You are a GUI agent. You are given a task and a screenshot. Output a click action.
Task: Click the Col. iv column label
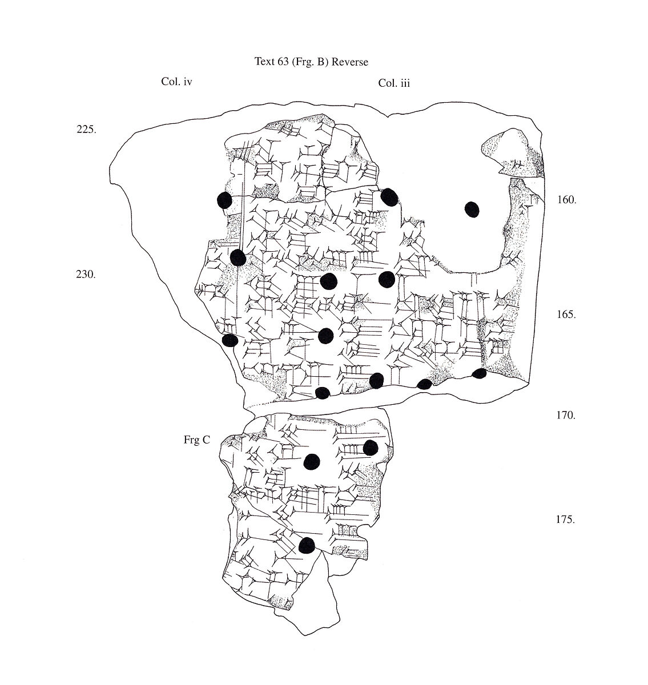tap(176, 82)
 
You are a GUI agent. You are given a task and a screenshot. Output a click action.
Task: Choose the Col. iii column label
tap(394, 83)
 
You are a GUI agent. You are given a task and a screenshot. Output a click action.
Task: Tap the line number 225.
tap(86, 129)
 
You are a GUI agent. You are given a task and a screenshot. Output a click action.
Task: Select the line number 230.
tap(86, 275)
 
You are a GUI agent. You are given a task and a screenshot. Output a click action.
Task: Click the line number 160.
tap(566, 200)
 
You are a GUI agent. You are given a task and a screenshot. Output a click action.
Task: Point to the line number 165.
tap(566, 315)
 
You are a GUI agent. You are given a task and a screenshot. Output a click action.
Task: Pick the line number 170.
tap(566, 415)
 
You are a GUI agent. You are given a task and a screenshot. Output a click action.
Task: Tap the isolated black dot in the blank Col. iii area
tap(472, 209)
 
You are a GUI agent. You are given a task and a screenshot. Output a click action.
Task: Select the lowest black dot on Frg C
tap(307, 545)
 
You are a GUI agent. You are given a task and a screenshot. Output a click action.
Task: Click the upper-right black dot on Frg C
tap(371, 448)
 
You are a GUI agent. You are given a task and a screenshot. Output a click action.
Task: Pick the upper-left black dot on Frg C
tap(312, 461)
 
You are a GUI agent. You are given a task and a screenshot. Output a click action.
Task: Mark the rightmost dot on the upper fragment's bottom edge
tap(480, 373)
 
